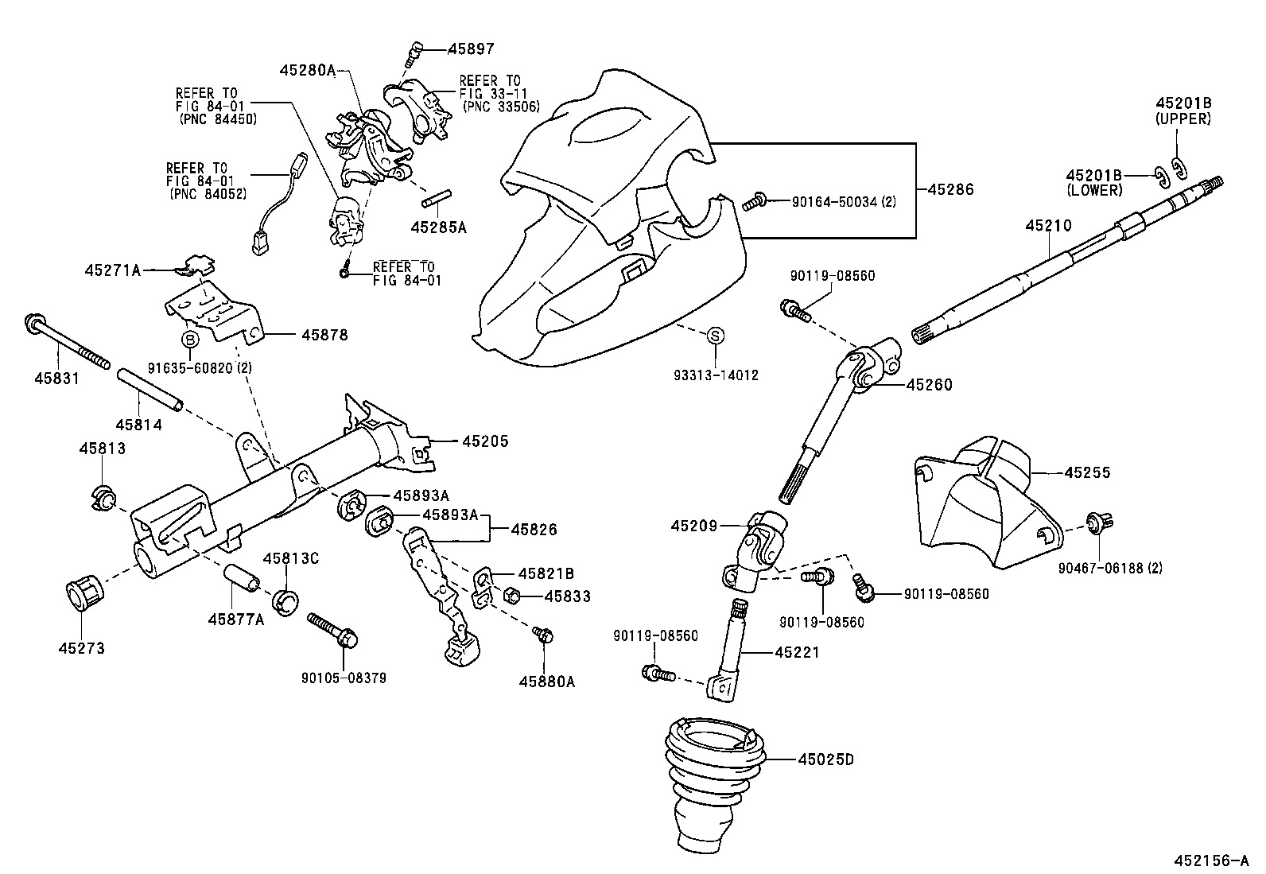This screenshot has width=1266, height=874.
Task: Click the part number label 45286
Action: tap(950, 190)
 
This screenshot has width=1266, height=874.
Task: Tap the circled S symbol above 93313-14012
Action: tap(714, 336)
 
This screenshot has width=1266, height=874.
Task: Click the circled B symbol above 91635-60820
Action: tap(190, 340)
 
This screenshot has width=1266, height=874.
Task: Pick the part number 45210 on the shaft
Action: tap(1048, 226)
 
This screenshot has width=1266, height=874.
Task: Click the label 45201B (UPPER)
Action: tap(1183, 111)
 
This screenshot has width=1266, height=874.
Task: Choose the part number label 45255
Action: tap(1087, 472)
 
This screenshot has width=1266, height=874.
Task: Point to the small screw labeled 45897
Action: tap(413, 55)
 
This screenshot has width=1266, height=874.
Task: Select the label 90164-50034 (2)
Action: tap(843, 202)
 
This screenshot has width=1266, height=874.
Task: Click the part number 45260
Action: tap(928, 385)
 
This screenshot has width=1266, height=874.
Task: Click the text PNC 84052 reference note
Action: tap(208, 193)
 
